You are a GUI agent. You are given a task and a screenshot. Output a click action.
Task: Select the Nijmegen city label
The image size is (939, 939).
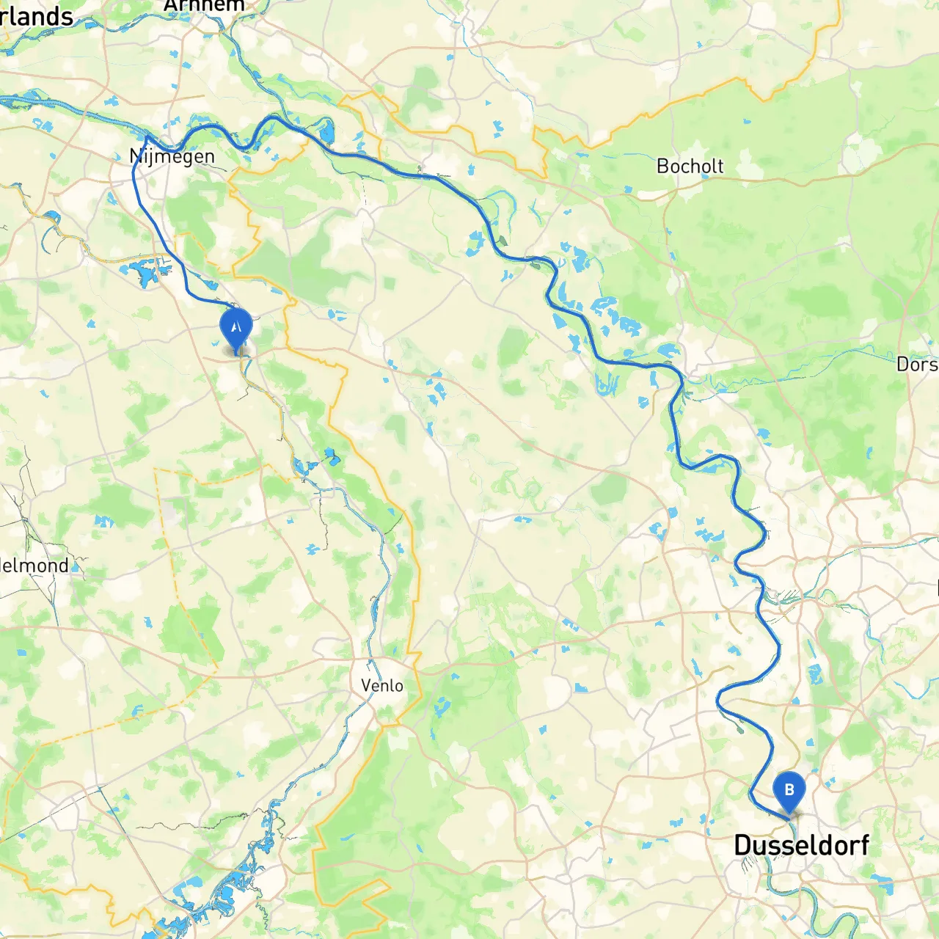(172, 156)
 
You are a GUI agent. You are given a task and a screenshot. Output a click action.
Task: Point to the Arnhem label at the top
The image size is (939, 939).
(204, 6)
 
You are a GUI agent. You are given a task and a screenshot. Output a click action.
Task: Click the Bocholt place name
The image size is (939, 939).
(690, 167)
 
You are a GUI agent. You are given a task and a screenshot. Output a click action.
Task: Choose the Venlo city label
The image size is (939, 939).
(381, 685)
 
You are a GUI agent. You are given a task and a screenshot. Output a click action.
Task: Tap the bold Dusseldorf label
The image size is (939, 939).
(801, 845)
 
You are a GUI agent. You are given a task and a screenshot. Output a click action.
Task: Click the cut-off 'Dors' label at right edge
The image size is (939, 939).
(917, 364)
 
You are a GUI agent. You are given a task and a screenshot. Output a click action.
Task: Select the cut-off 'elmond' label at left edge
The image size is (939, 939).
(34, 566)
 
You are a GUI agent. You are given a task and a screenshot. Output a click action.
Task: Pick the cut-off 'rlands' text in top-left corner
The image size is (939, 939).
(37, 16)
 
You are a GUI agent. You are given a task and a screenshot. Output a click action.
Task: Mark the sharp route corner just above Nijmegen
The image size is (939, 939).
(147, 136)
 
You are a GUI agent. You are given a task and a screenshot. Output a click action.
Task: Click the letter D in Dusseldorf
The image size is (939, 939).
(743, 845)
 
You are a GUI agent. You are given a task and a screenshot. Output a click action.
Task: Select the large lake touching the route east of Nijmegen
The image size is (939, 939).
(326, 133)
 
